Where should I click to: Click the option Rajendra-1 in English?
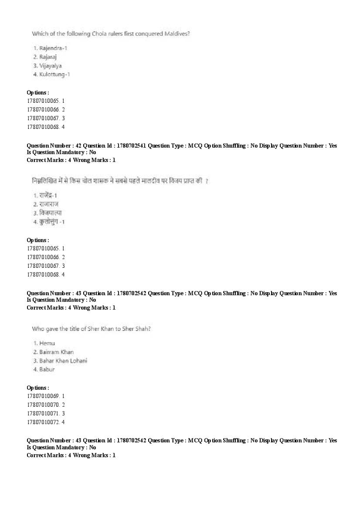(53, 48)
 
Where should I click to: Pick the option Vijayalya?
(50, 66)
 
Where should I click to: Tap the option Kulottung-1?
(54, 74)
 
